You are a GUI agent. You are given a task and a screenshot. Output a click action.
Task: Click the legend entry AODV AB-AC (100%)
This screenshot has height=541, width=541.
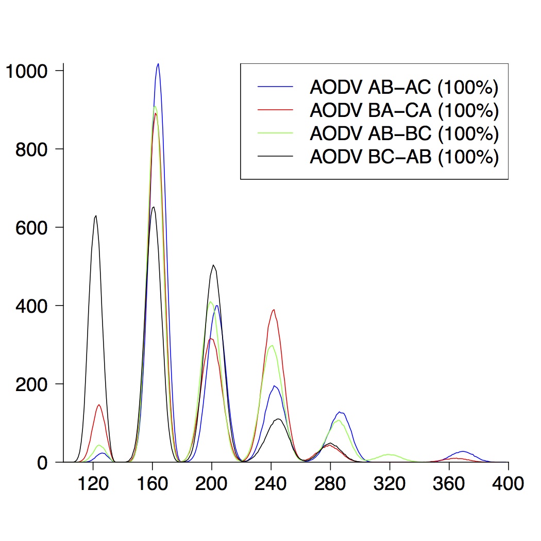click(403, 88)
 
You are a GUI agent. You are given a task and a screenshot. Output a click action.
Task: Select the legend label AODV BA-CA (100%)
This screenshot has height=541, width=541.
click(403, 110)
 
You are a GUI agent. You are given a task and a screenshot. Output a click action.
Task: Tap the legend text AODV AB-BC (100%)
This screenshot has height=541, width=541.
click(403, 133)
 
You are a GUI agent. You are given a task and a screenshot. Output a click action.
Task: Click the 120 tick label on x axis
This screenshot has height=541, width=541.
click(93, 484)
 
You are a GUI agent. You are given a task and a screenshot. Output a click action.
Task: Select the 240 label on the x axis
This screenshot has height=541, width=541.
click(271, 484)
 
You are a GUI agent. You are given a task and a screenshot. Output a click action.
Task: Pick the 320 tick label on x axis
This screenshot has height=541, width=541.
click(390, 484)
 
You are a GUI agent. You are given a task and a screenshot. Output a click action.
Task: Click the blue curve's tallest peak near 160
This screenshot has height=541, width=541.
click(158, 64)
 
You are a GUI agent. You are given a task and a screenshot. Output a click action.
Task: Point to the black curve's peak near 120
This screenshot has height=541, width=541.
click(96, 216)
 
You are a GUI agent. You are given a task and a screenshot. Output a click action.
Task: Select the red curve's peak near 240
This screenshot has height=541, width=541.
click(274, 310)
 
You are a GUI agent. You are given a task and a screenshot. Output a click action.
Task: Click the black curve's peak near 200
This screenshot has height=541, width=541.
click(213, 265)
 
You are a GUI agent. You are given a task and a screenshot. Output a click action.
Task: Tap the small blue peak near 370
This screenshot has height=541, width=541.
click(463, 451)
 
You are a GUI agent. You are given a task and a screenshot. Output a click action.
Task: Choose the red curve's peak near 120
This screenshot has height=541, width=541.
click(98, 405)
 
